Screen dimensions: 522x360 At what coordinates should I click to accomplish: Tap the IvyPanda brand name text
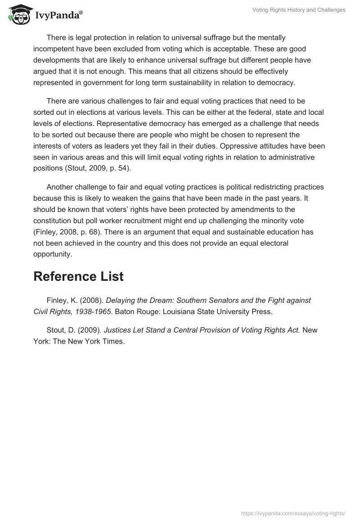(58, 15)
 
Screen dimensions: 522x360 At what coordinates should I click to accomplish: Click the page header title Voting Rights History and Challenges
(299, 10)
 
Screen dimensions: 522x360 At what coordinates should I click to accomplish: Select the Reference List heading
(78, 277)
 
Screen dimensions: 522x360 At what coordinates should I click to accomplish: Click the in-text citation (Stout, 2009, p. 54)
(99, 168)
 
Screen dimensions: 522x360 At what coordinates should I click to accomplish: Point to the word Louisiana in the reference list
(175, 311)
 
